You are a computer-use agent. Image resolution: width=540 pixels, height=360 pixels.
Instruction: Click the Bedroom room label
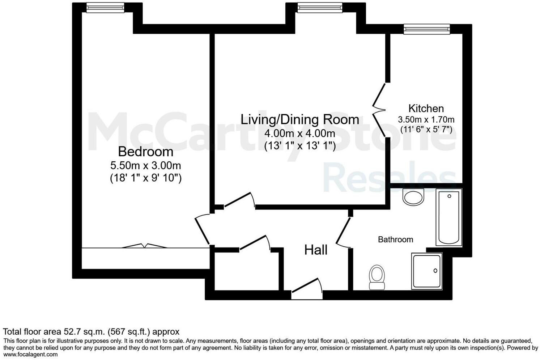[x=145, y=151]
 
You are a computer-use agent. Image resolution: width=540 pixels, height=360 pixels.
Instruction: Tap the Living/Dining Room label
[x=300, y=119]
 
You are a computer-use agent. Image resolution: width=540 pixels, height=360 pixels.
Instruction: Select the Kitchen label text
[x=426, y=108]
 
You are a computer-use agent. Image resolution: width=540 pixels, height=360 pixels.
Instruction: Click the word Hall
[x=316, y=250]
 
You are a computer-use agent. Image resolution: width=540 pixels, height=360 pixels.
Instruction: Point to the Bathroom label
[x=395, y=240]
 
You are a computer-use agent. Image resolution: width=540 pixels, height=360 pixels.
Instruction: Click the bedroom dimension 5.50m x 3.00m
[x=145, y=166]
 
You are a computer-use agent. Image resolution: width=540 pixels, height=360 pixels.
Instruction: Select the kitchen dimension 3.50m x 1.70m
[x=426, y=119]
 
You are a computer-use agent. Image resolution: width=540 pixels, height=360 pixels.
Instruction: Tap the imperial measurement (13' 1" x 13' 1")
[x=300, y=146]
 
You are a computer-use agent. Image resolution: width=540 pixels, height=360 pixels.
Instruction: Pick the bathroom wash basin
[x=413, y=198]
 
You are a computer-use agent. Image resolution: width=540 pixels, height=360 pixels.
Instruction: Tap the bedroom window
[x=105, y=8]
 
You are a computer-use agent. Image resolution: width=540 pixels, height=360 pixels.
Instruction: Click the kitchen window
[x=427, y=29]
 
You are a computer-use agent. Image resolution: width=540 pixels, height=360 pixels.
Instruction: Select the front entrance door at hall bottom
[x=307, y=288]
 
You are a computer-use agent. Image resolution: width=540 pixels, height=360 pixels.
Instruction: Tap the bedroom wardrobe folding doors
[x=145, y=246]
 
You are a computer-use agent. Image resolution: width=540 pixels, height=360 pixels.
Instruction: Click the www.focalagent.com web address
[x=30, y=355]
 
